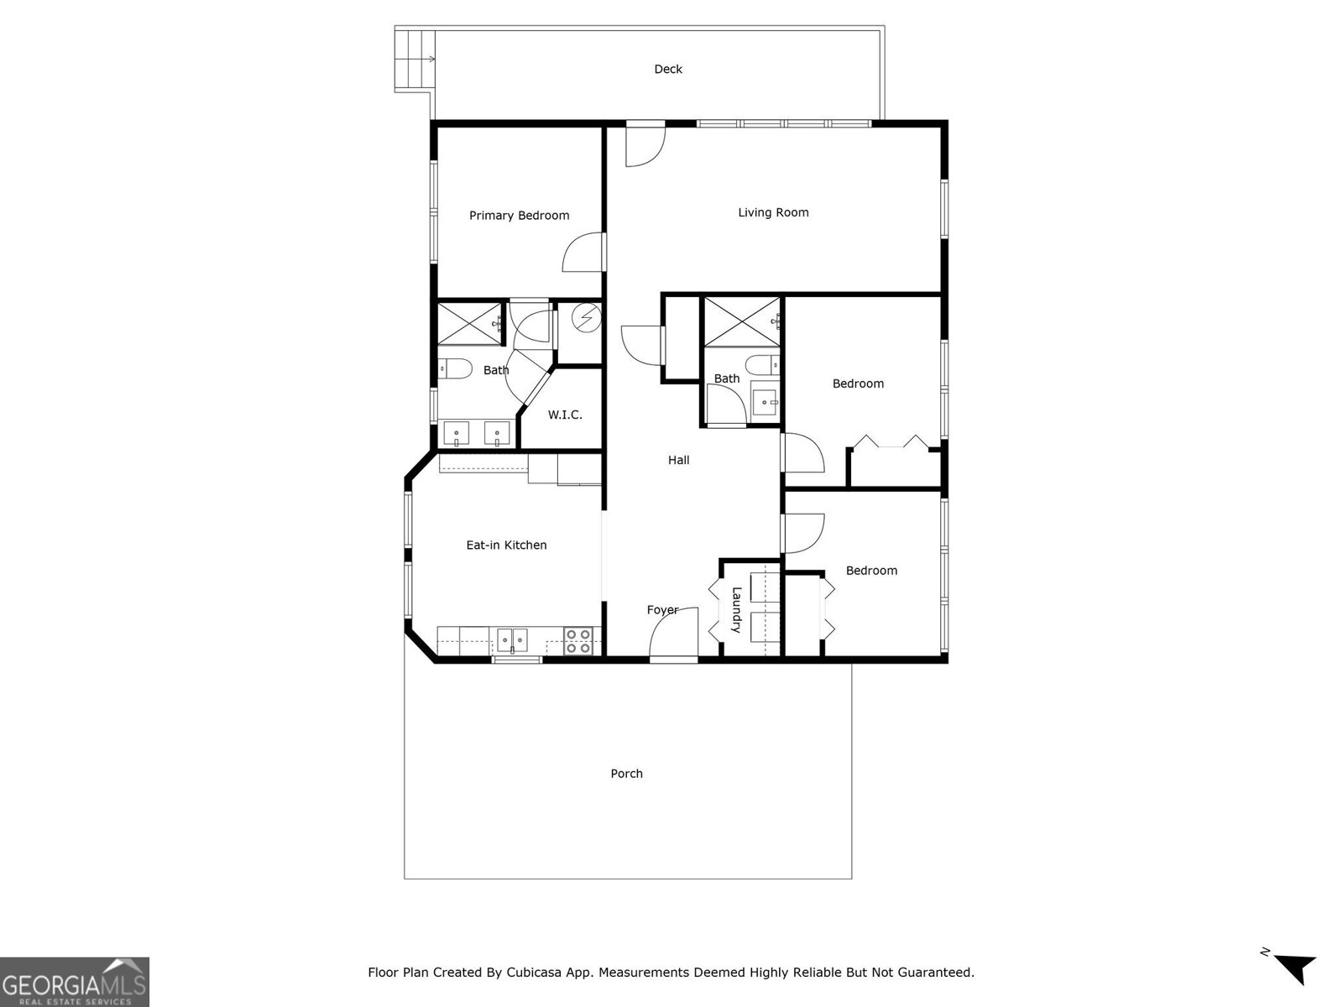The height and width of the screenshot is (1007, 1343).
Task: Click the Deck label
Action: coord(668,70)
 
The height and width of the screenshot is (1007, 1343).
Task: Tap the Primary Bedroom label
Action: coord(519,216)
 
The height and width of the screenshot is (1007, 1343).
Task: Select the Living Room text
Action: coord(773,212)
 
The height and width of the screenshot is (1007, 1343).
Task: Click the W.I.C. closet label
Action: coord(565,415)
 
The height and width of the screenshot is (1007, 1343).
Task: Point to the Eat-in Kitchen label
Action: coord(506,545)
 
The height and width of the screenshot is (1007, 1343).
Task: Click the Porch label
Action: coord(626,774)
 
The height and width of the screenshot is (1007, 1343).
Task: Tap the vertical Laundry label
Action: coord(736,610)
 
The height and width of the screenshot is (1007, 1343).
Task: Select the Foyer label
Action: coord(661,610)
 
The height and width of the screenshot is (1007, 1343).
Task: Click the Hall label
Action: coord(678,460)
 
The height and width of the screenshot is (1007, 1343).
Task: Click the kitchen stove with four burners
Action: coord(577,641)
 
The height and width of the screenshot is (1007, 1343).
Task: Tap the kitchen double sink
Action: coord(510,641)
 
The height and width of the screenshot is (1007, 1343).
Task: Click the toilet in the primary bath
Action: coord(453,368)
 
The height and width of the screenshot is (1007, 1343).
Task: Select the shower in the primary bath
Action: coord(468,323)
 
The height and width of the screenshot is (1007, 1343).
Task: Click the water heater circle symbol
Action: coord(586,318)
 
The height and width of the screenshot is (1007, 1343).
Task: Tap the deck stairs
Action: coord(414,59)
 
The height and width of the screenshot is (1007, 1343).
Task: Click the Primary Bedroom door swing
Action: coord(582,254)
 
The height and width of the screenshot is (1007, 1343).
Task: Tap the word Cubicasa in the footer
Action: coord(534,973)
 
